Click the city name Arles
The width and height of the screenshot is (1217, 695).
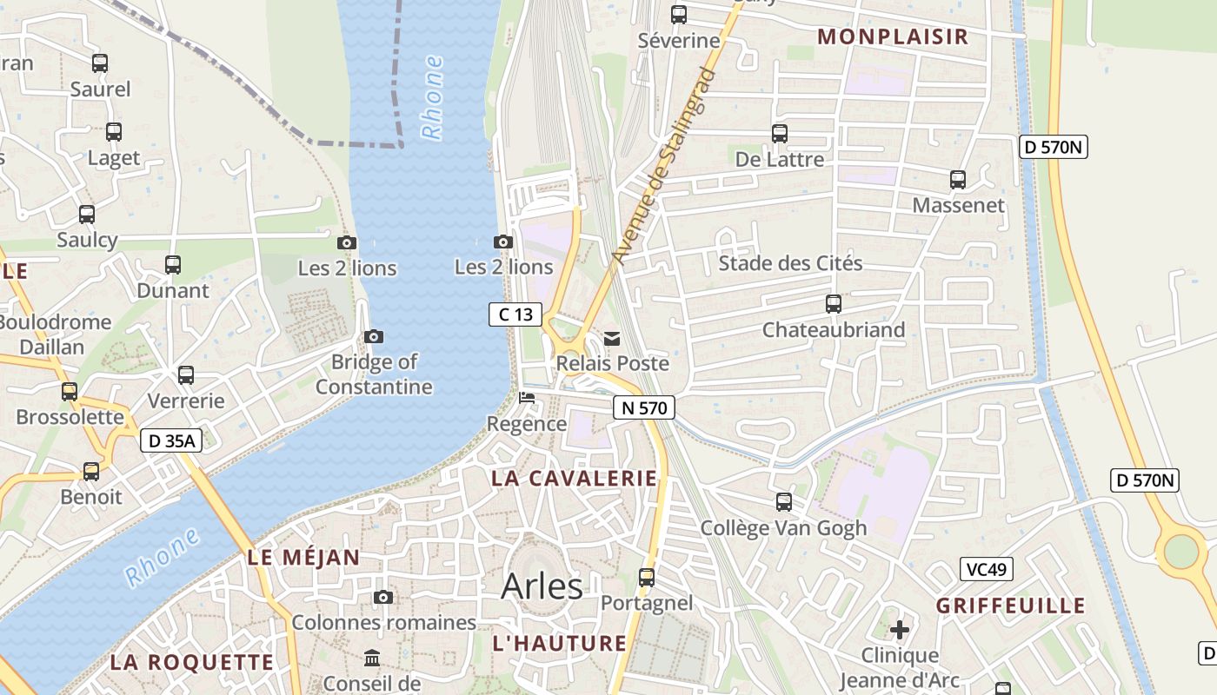(x=542, y=586)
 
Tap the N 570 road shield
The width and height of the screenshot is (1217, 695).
(x=643, y=407)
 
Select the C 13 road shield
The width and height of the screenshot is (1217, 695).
(x=515, y=314)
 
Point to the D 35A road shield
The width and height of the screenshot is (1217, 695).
(x=171, y=440)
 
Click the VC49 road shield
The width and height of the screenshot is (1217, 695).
(x=987, y=569)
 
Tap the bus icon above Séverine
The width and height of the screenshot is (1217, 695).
(x=679, y=15)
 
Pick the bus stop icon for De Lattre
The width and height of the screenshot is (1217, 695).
(x=780, y=134)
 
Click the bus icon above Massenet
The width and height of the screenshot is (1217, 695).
(x=958, y=180)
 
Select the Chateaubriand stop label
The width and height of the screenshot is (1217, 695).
(x=833, y=330)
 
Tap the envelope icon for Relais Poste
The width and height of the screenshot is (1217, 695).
(x=613, y=338)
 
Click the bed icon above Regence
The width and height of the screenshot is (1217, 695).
(x=527, y=398)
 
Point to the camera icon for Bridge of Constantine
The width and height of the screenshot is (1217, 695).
(x=374, y=336)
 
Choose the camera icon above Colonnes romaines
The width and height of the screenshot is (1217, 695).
(x=383, y=597)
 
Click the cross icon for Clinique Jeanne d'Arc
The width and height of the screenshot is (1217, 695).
(x=900, y=629)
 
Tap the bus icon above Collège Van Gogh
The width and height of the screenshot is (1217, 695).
(x=784, y=502)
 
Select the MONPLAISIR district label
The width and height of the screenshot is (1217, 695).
(x=893, y=36)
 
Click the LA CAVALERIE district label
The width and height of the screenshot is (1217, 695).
(x=574, y=478)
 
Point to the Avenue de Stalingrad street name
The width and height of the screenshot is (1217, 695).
(x=663, y=165)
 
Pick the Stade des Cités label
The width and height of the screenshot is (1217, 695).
(x=790, y=263)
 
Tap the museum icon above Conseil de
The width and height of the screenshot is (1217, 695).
(x=373, y=659)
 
